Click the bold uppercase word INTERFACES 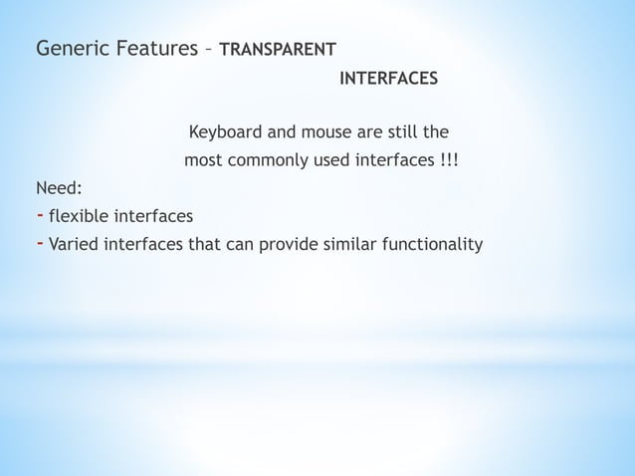388,78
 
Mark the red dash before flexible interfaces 39,214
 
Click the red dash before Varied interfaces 39,242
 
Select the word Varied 77,244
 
